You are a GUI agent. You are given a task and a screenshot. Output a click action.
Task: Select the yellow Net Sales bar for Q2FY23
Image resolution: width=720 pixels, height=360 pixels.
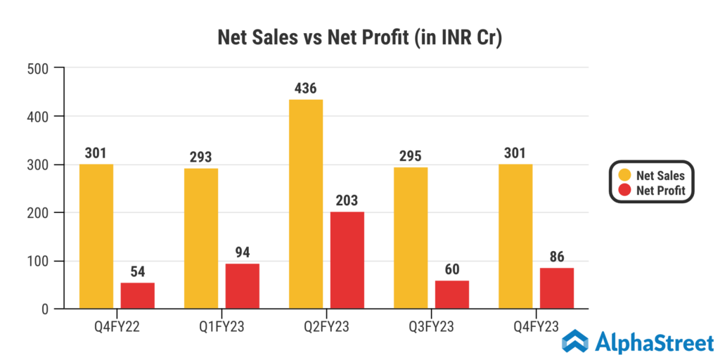coord(306,204)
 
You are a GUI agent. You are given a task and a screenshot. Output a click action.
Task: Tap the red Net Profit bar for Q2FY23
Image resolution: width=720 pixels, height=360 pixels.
coord(347,260)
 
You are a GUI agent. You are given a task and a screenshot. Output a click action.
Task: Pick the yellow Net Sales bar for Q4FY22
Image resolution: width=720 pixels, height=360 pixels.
coord(96,236)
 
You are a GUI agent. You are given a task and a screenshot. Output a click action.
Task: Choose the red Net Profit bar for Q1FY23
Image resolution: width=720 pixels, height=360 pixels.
coord(243,285)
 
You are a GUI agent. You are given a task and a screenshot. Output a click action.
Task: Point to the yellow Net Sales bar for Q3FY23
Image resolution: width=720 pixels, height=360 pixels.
coord(411,238)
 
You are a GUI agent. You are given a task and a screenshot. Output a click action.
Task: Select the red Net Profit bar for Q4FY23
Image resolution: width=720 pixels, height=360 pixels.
coord(557,288)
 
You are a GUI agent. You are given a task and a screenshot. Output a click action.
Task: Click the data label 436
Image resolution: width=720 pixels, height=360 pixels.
coord(305,89)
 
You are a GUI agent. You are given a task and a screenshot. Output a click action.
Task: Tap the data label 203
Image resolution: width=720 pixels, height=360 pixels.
coord(347,201)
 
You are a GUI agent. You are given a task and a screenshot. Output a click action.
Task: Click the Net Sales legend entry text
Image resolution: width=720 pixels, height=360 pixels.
coord(660,175)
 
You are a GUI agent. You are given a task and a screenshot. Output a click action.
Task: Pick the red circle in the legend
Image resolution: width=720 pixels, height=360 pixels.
coord(622,190)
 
